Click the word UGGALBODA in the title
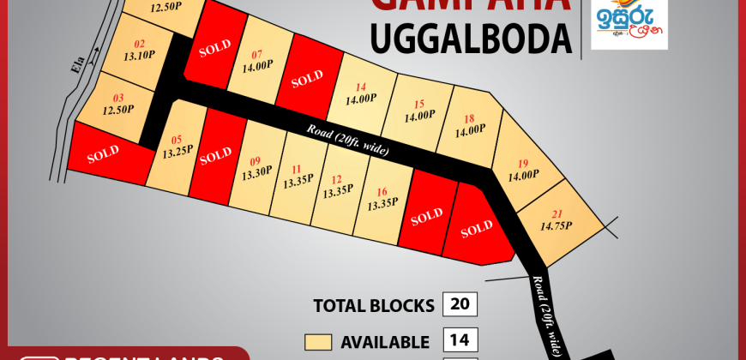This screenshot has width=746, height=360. pos(470,39)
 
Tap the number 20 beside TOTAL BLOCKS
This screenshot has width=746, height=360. pos(460,305)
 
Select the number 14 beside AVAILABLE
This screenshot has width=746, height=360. pos(460,341)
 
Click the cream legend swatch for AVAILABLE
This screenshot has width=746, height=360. pos(317,342)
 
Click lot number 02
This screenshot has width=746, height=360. pos(140,44)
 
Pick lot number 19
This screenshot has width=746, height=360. pos(523,163)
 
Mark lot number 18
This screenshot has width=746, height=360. pos(469,119)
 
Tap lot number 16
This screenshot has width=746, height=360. pos(382,192)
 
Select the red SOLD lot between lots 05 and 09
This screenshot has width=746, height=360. pos(215,154)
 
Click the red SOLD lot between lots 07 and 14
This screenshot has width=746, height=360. pos(306,82)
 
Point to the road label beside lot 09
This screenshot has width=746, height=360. pos(347,139)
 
